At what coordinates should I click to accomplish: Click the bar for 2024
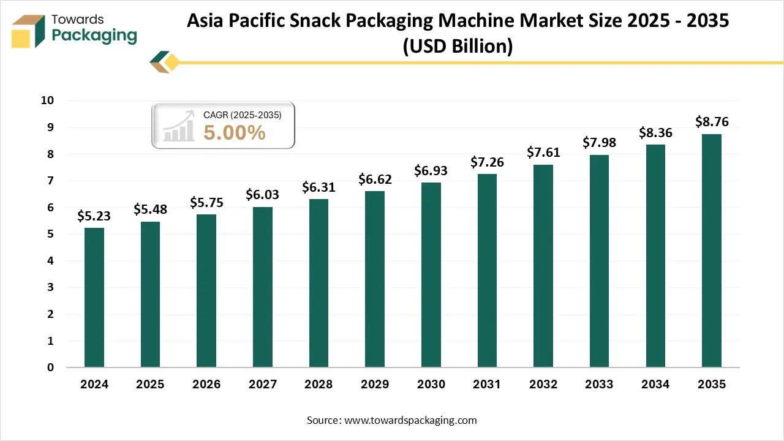point(94,298)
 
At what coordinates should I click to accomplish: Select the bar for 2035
point(712,251)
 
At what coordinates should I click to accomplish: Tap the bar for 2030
point(431,275)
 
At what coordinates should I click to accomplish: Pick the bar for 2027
point(263,287)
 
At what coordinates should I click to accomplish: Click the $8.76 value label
point(712,121)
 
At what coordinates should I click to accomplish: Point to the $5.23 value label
point(94,216)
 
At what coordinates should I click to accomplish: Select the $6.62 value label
point(375,179)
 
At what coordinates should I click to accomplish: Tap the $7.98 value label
point(599,143)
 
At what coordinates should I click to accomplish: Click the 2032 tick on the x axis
point(543,385)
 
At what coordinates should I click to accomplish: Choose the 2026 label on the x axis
point(206,385)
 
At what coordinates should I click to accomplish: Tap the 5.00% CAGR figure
point(235,132)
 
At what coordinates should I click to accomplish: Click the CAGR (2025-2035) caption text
point(242,114)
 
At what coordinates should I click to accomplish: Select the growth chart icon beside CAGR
point(179,126)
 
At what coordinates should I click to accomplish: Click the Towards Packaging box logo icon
point(29,31)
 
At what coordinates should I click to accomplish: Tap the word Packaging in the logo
point(94,36)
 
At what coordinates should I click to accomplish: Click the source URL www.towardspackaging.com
point(411,420)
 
